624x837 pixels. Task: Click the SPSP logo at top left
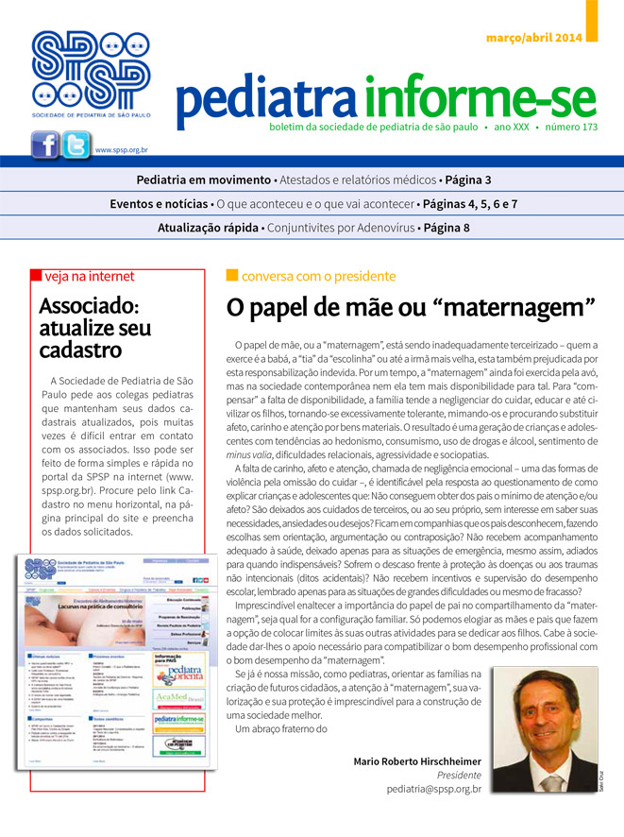point(91,72)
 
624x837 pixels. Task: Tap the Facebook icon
point(45,145)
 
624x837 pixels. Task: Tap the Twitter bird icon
point(76,145)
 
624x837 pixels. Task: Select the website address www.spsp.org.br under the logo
point(121,149)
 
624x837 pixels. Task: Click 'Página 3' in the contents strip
point(468,179)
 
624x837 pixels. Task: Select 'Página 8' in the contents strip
point(447,228)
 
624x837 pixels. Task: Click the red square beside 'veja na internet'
point(36,276)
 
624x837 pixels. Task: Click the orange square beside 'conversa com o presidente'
point(231,276)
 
